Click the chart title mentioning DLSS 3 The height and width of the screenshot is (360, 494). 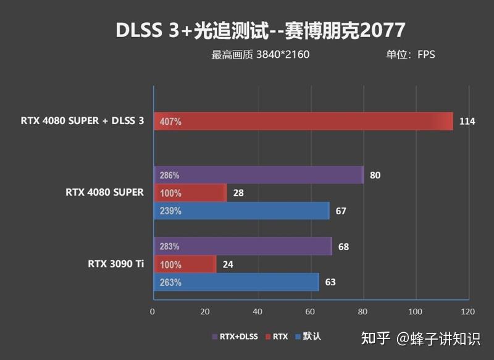tap(260, 30)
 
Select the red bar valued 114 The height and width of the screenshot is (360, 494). tap(303, 122)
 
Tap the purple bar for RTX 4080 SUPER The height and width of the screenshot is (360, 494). tap(258, 175)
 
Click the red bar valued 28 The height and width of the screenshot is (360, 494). tap(190, 193)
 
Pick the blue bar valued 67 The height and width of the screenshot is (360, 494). tap(241, 211)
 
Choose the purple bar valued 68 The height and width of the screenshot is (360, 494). tap(242, 246)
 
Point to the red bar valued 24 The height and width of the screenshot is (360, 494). tap(185, 264)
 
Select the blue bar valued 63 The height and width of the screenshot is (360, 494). tap(236, 282)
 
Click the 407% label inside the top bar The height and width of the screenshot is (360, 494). tap(170, 122)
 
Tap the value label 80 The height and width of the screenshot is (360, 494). tap(375, 175)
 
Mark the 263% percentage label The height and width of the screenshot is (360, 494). tap(170, 283)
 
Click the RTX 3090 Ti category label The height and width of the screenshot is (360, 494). tap(115, 264)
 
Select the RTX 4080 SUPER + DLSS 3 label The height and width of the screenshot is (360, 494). tap(82, 121)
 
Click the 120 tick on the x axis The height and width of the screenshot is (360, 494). tap(468, 311)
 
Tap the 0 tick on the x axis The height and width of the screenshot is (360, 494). tap(153, 311)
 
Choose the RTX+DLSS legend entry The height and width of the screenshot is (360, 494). tap(236, 337)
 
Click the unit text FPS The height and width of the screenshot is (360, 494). tap(426, 54)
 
